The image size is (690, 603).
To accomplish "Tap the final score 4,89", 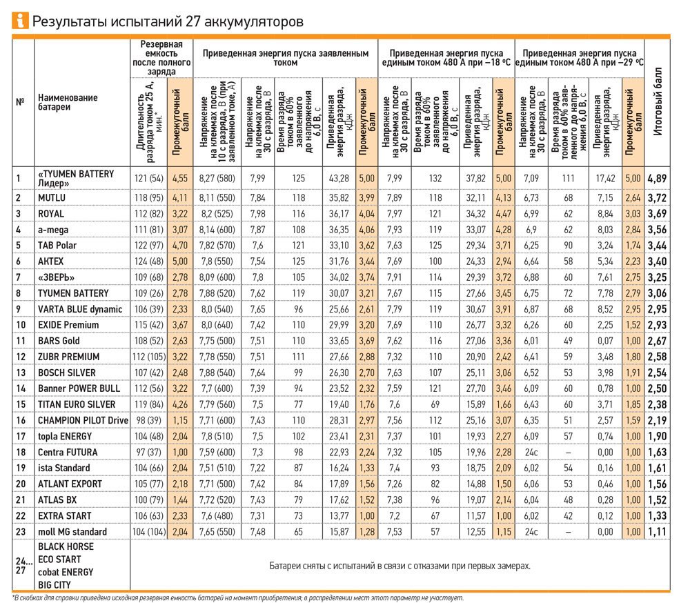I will [x=658, y=179].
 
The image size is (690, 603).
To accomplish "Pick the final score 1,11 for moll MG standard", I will [x=658, y=532].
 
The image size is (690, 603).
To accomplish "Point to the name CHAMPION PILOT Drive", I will [x=83, y=420].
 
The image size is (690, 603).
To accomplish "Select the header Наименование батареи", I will [x=68, y=102].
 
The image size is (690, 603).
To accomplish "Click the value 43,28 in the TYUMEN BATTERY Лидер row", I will [x=339, y=179].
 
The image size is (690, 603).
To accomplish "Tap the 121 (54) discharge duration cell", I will [x=149, y=179].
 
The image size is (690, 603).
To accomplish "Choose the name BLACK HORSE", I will [x=66, y=546].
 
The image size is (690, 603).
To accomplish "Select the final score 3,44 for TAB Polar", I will [x=658, y=245].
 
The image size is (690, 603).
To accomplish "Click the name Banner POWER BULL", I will [x=78, y=388].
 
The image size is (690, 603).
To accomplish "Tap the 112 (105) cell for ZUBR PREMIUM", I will [x=149, y=357].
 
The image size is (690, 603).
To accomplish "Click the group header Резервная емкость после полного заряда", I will [x=162, y=57].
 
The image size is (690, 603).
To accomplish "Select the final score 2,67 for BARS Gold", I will [x=658, y=341].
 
